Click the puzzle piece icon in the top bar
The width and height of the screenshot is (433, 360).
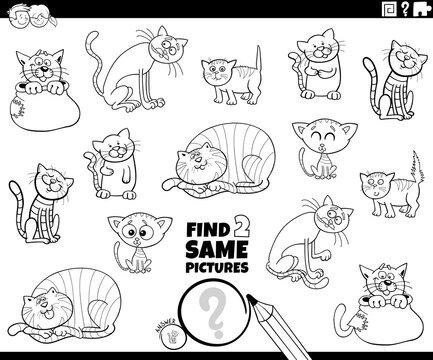pyautogui.click(x=401, y=13)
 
